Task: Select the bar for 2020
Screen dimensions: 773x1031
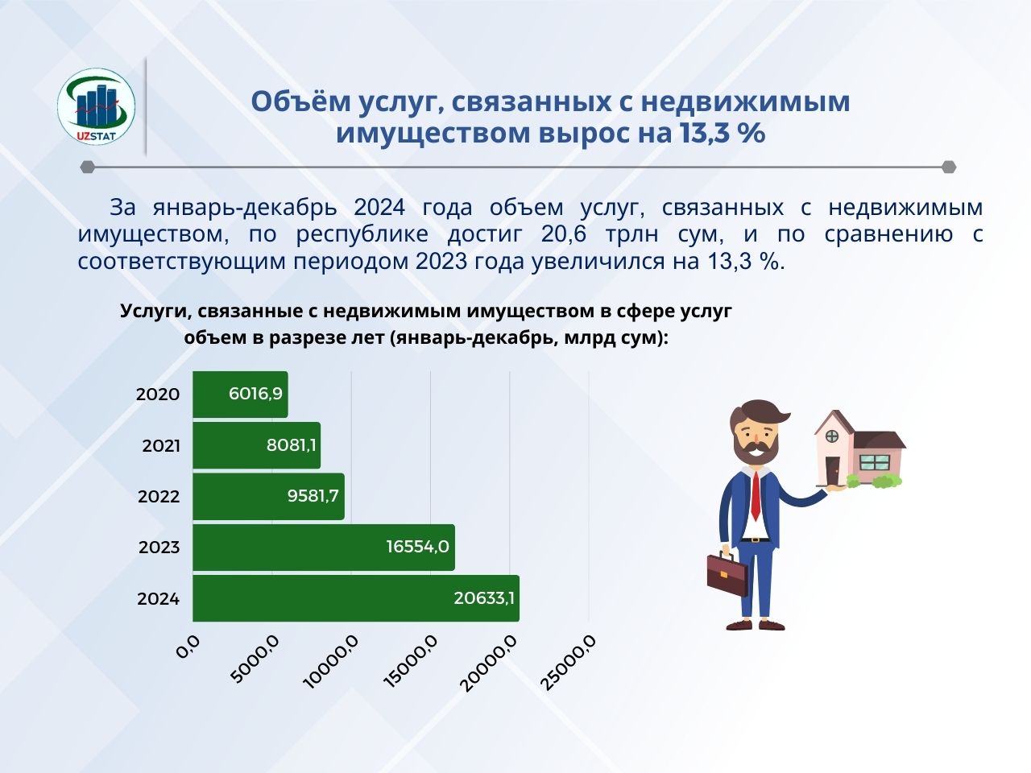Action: pyautogui.click(x=240, y=395)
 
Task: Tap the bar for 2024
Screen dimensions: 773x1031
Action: pyautogui.click(x=355, y=598)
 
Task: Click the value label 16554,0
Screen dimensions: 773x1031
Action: pyautogui.click(x=417, y=547)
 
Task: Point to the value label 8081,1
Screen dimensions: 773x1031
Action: pyautogui.click(x=291, y=444)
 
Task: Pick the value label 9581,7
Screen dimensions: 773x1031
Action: pyautogui.click(x=313, y=496)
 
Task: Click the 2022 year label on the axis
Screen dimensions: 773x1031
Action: pyautogui.click(x=159, y=497)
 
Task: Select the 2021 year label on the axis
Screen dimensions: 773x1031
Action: pyautogui.click(x=161, y=445)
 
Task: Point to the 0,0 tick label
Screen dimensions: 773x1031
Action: pyautogui.click(x=188, y=647)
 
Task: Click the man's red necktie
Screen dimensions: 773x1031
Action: pyautogui.click(x=756, y=496)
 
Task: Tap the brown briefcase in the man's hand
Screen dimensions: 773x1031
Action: pyautogui.click(x=727, y=573)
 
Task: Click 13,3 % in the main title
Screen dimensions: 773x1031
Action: pyautogui.click(x=722, y=133)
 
